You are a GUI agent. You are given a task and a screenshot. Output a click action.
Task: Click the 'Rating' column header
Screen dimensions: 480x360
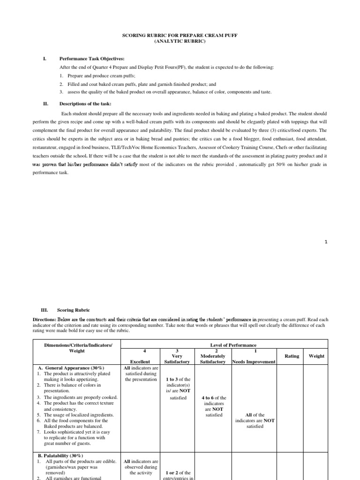pos(292,356)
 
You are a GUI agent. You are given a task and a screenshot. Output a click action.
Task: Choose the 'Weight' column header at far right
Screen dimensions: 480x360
pos(316,356)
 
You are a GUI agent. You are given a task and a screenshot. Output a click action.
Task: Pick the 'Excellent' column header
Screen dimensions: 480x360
pos(140,361)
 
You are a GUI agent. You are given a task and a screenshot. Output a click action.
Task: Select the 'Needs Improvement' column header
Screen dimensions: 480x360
pos(254,361)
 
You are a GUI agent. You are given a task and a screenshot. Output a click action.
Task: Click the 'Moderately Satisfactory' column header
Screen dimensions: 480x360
pos(213,359)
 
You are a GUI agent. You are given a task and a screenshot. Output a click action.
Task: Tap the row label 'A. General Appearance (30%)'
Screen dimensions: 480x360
pos(71,367)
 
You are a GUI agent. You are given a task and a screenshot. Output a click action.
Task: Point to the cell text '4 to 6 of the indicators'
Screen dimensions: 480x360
pos(213,400)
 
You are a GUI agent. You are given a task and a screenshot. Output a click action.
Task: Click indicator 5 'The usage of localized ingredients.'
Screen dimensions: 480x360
pos(80,415)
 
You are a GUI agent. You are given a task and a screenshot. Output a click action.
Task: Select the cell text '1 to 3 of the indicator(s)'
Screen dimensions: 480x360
pos(178,382)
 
